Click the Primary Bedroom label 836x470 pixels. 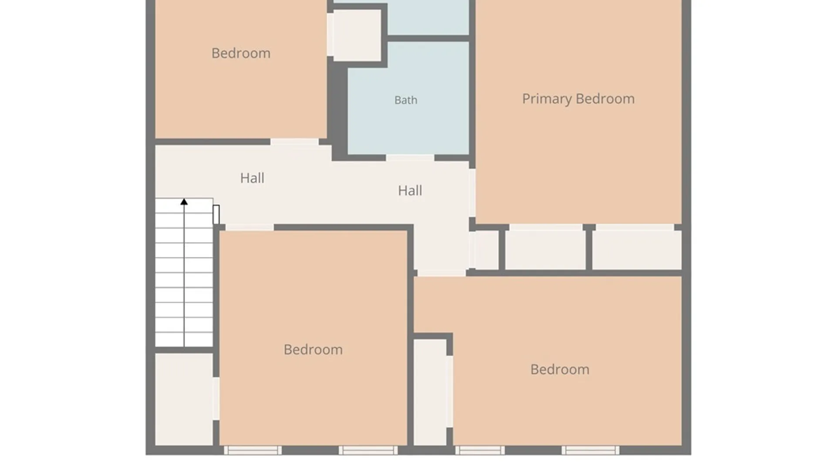click(578, 99)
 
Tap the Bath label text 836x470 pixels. click(406, 100)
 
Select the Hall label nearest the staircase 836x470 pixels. click(252, 178)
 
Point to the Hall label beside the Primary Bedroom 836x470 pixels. click(410, 191)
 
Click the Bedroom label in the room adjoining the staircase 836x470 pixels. click(313, 349)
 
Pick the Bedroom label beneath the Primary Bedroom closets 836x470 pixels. click(560, 369)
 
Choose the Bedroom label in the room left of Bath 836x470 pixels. click(241, 53)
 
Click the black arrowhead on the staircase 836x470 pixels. click(184, 202)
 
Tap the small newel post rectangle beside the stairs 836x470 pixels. click(216, 215)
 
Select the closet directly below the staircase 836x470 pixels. click(184, 399)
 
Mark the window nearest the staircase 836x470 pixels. click(253, 450)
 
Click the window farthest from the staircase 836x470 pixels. click(590, 450)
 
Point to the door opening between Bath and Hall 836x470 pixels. click(410, 158)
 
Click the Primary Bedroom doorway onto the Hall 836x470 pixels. click(472, 193)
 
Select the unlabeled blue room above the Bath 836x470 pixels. click(428, 17)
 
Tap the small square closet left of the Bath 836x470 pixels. click(357, 35)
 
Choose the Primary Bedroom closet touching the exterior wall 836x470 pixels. click(637, 250)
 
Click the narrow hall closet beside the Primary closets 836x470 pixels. click(487, 250)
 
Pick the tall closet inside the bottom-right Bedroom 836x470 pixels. click(430, 392)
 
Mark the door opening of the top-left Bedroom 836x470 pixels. click(295, 142)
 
